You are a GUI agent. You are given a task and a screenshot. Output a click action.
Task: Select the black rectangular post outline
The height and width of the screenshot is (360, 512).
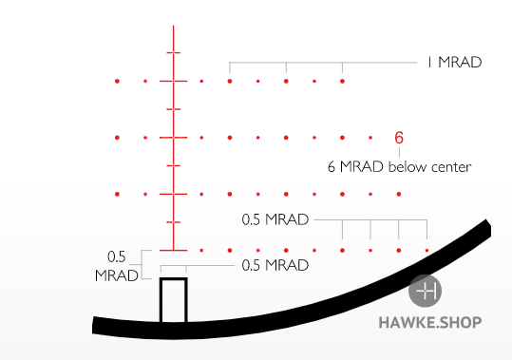pos(173,300)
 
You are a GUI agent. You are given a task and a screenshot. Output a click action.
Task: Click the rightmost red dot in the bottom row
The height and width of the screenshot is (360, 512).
pos(427,251)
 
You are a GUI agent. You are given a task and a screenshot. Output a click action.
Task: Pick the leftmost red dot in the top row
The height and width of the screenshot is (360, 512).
pos(117,82)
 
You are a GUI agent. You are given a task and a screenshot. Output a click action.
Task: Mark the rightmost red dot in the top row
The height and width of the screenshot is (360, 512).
pos(342,82)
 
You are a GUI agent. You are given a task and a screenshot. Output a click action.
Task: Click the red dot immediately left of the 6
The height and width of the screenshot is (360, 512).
pos(370,139)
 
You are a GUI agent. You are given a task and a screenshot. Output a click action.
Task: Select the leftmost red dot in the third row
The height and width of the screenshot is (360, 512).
pos(117,195)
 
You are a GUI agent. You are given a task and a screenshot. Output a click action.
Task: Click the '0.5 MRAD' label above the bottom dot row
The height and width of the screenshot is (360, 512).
pos(275,219)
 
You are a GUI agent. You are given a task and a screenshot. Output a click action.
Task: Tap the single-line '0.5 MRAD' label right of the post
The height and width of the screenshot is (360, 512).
pos(275,265)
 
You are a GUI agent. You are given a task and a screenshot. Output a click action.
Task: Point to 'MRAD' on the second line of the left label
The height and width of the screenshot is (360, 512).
pos(117,275)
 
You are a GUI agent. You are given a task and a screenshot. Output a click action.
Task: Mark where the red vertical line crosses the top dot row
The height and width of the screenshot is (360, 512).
pos(173,82)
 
